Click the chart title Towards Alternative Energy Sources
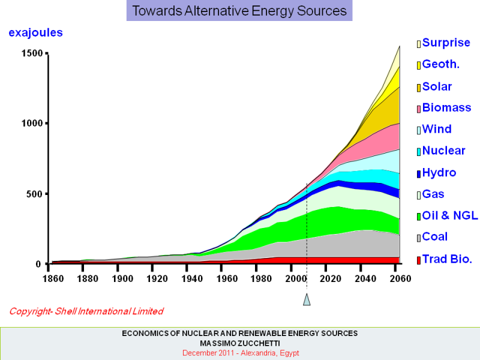(x=239, y=11)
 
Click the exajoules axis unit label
(x=35, y=33)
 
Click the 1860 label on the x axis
(x=52, y=278)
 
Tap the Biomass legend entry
(x=446, y=108)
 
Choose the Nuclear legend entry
(x=443, y=151)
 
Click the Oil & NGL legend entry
(x=450, y=216)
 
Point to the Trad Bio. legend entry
(x=447, y=259)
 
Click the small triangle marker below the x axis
(x=307, y=299)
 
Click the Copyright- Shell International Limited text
(x=86, y=311)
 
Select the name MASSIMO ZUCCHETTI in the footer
(x=239, y=343)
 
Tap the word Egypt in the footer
(x=289, y=353)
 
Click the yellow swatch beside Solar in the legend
(x=419, y=88)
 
